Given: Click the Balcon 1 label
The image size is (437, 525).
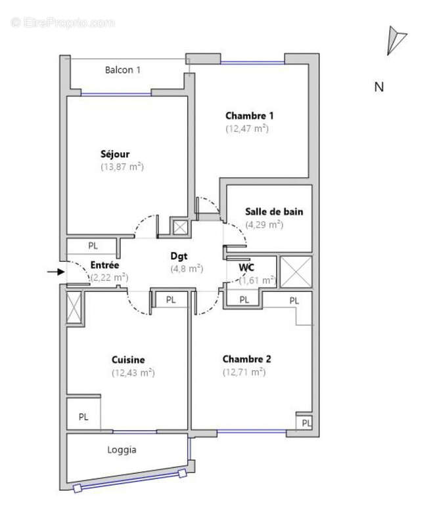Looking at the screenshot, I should click(x=123, y=70).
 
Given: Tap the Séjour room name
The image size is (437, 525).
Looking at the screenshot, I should click(x=115, y=154).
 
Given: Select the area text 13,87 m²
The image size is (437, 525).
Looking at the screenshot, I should click(x=122, y=167).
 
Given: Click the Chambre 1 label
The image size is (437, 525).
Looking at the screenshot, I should click(x=249, y=115).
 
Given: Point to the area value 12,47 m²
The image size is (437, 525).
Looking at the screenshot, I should click(x=247, y=129).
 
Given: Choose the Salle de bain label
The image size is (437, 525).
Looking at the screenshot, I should click(x=274, y=211).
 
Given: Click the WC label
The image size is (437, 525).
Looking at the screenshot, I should click(x=246, y=267).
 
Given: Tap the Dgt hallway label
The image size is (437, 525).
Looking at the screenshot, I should click(x=179, y=257).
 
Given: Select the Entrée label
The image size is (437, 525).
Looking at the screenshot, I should click(x=104, y=265).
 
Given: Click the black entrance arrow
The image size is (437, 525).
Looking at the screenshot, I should click(x=57, y=270).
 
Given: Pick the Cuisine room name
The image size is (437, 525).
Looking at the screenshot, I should click(x=128, y=360).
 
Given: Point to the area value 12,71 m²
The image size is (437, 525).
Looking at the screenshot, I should click(x=244, y=372).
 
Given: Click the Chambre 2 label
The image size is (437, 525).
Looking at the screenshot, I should click(x=246, y=359).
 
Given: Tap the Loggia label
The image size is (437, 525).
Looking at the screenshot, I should click(x=122, y=450).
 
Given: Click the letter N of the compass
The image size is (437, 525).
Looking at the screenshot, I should click(x=379, y=87).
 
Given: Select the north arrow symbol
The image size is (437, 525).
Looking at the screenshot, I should click(x=396, y=39).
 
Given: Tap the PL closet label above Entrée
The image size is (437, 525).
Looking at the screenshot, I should click(x=93, y=246).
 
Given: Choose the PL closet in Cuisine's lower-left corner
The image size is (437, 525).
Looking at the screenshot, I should click(x=83, y=416).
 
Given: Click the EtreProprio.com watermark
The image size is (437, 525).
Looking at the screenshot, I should click(x=63, y=22).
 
